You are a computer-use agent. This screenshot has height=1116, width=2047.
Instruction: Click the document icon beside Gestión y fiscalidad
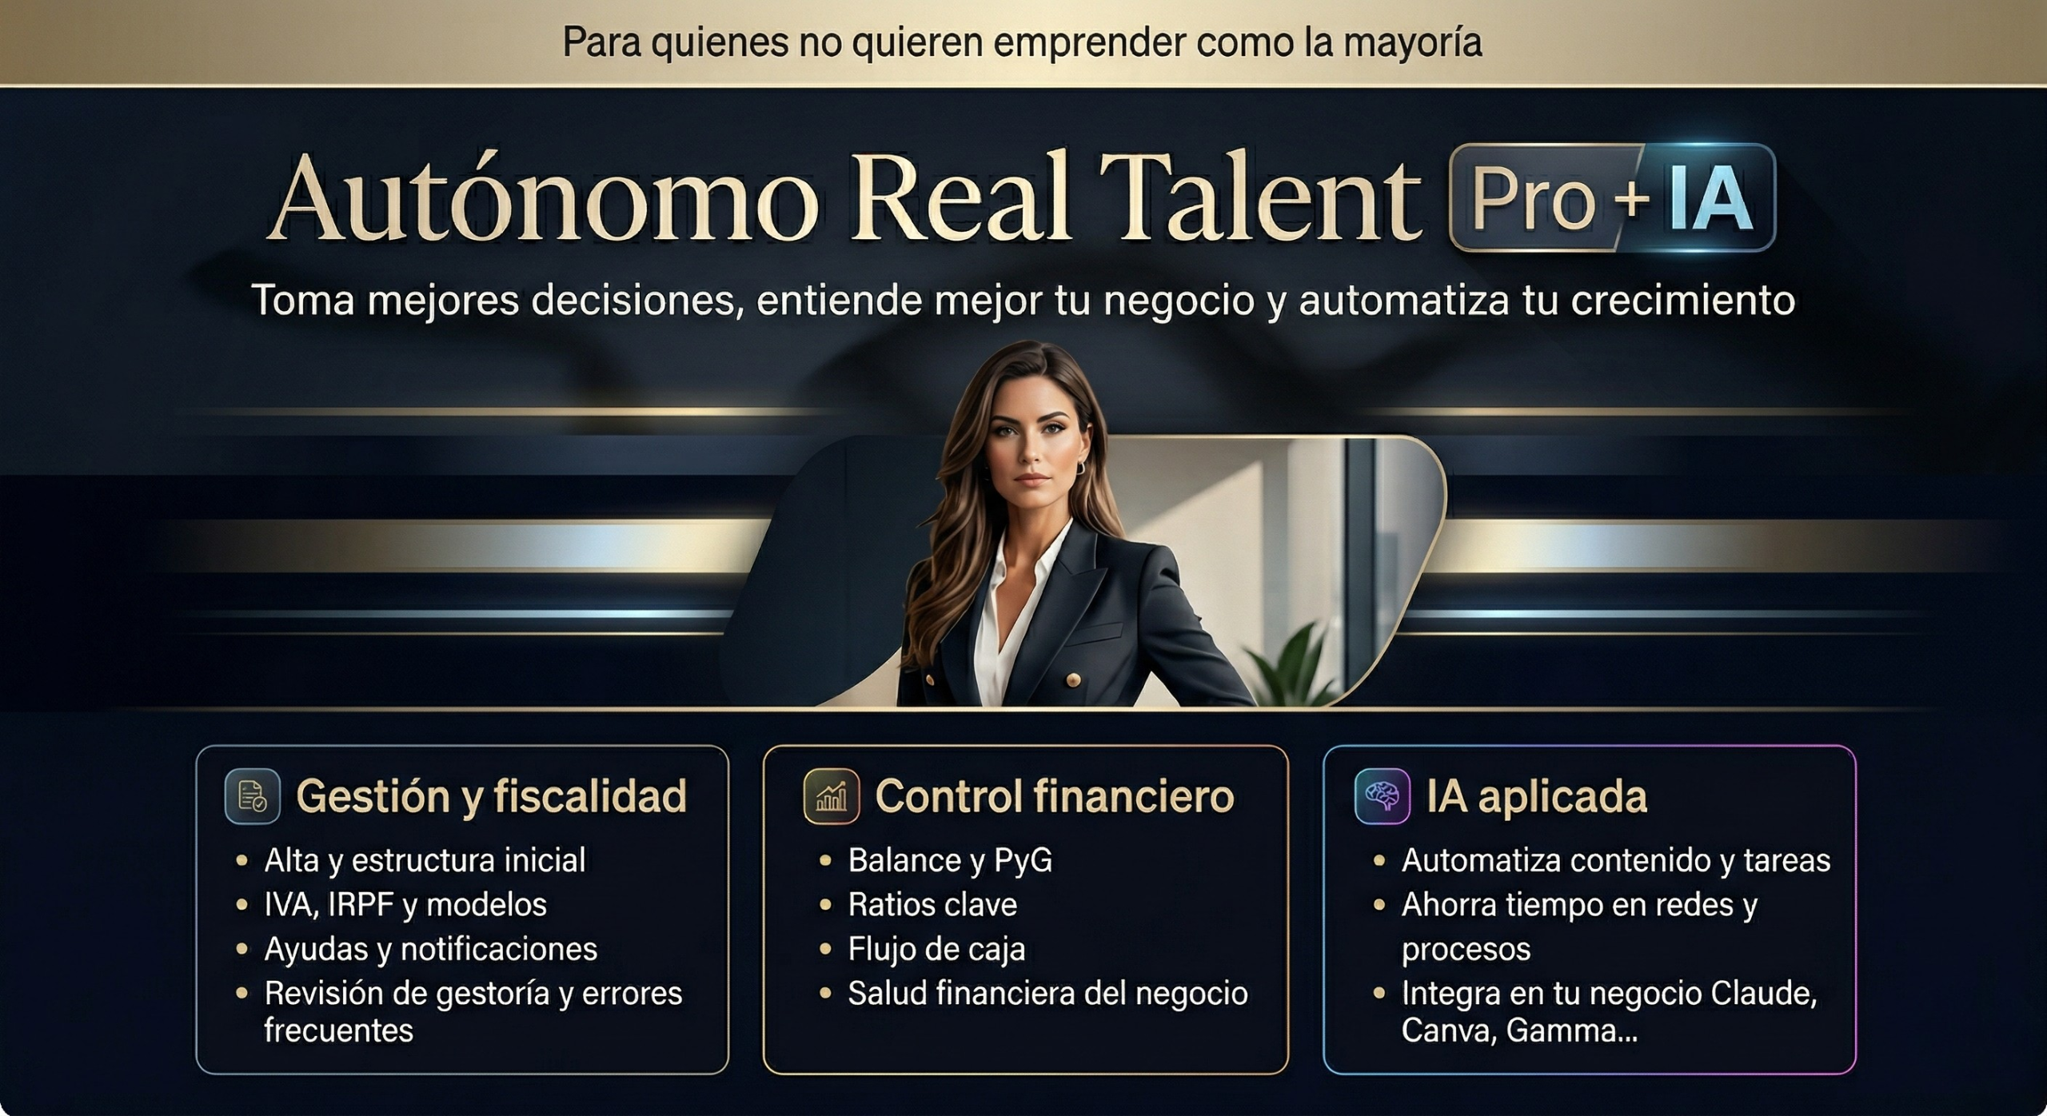(252, 796)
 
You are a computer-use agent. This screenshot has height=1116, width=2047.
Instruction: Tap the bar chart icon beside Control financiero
(831, 796)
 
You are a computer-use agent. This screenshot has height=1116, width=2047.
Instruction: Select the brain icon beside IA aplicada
(1383, 796)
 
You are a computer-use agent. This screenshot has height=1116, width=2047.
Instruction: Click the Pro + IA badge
(1612, 197)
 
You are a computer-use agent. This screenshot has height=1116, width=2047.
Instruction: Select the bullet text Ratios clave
(932, 905)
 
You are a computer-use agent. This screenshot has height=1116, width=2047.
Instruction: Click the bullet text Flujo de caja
(936, 950)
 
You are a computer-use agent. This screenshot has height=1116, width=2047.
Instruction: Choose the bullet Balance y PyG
(950, 861)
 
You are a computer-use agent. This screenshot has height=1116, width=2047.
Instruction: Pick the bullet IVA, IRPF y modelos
(405, 905)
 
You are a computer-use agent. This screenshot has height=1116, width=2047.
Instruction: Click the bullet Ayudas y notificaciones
(431, 950)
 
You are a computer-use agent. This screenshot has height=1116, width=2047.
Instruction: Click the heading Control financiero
(1055, 796)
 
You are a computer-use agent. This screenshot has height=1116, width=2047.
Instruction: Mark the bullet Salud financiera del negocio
(1047, 994)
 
